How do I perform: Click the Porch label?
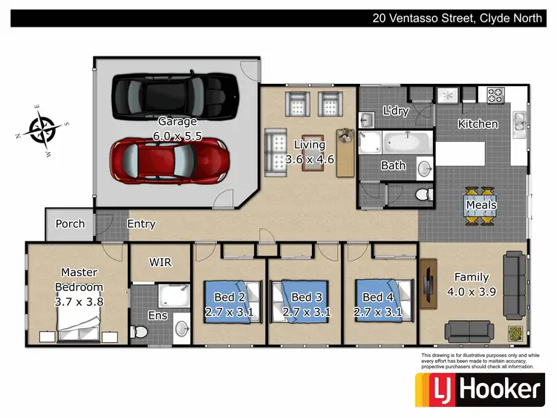pyautogui.click(x=71, y=223)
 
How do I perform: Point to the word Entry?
pyautogui.click(x=141, y=223)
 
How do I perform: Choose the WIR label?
pyautogui.click(x=160, y=262)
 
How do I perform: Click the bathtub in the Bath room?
pyautogui.click(x=394, y=140)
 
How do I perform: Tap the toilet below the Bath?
pyautogui.click(x=421, y=195)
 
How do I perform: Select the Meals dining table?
pyautogui.click(x=481, y=205)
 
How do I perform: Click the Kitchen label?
pyautogui.click(x=478, y=124)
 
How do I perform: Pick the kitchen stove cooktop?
pyautogui.click(x=495, y=95)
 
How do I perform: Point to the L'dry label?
pyautogui.click(x=396, y=111)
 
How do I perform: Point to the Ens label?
pyautogui.click(x=157, y=316)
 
